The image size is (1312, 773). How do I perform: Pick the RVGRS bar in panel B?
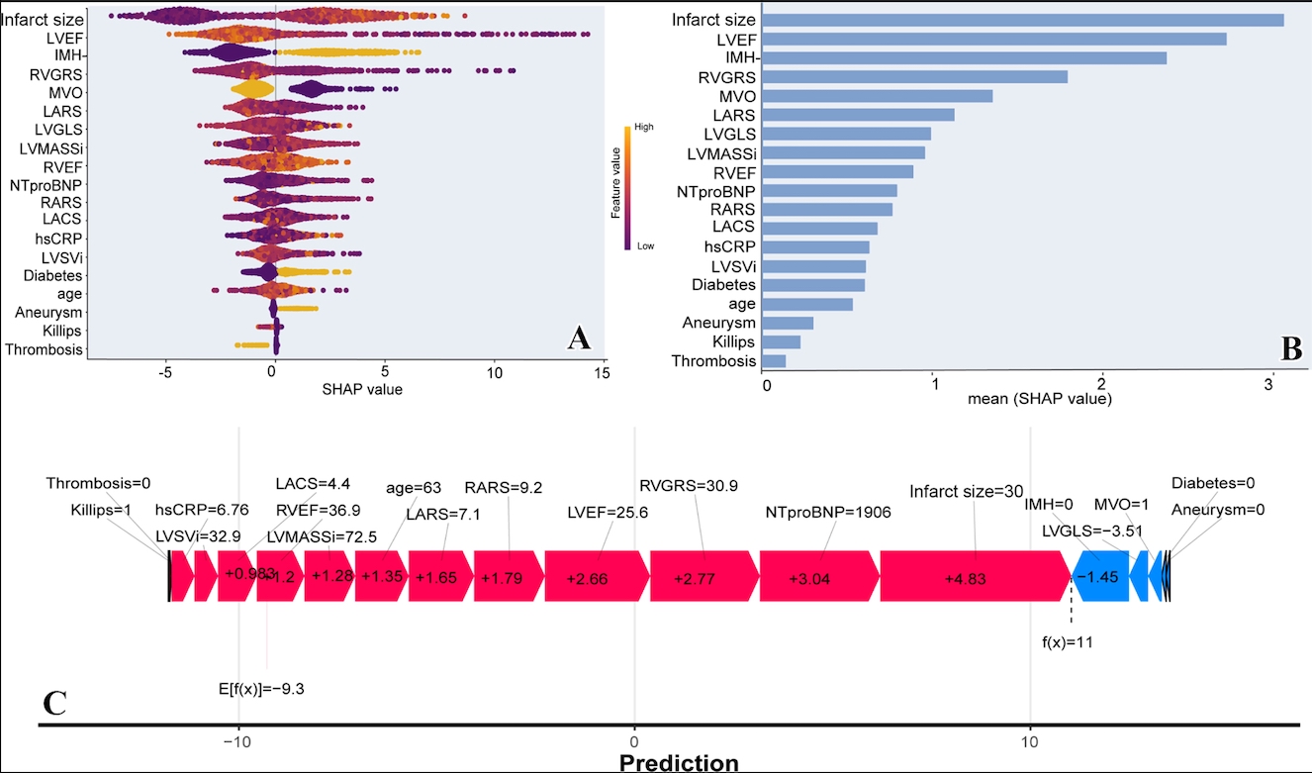pos(915,76)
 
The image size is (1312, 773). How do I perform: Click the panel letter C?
pos(55,701)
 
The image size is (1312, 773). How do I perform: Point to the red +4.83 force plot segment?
pos(975,576)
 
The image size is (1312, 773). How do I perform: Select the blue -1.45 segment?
pos(1100,576)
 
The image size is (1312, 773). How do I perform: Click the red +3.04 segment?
pos(818,576)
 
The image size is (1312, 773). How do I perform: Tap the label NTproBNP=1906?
pos(828,513)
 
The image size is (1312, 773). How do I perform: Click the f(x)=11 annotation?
pos(1068,642)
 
